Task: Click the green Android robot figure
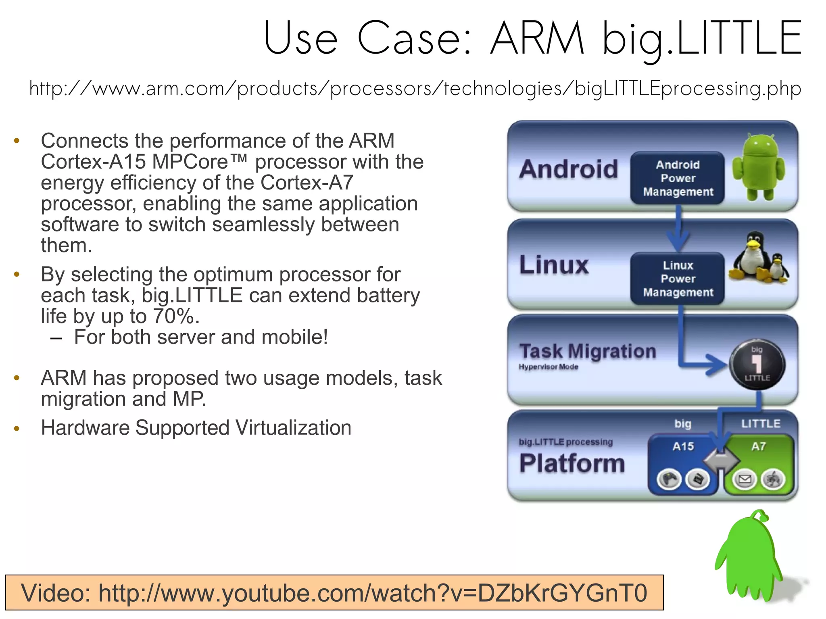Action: coord(759,167)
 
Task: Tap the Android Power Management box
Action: coord(678,178)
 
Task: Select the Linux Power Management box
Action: coord(678,279)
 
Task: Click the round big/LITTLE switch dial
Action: coord(757,364)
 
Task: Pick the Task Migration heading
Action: coord(588,351)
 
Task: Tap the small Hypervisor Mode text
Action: coord(548,367)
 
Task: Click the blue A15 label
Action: coord(683,446)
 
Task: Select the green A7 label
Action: coord(758,446)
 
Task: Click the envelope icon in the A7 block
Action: coord(745,479)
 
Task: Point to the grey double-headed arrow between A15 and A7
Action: coord(721,460)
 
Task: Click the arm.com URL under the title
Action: coord(415,88)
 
